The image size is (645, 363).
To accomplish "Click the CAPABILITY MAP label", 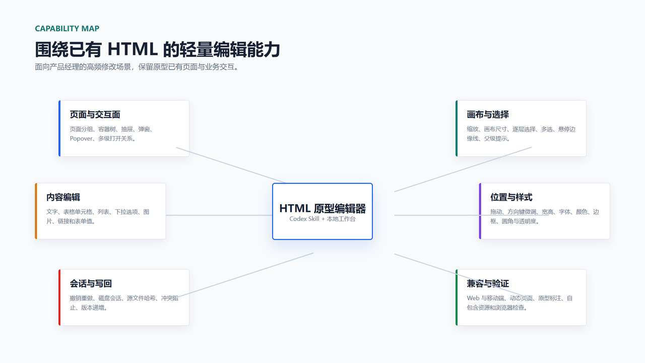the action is tap(67, 29).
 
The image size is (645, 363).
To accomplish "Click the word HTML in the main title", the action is tap(133, 49).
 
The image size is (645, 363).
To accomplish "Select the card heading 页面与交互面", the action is tap(95, 114).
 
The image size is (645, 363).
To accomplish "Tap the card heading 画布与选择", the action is tap(488, 114).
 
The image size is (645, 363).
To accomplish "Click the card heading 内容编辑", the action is tap(63, 197).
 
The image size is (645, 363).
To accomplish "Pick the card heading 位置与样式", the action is tap(511, 197).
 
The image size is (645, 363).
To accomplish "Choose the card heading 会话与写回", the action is tap(91, 284).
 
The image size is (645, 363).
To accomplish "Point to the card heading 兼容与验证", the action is tap(488, 284).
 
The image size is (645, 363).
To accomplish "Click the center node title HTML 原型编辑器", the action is tap(322, 209).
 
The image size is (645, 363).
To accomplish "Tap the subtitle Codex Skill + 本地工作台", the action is tap(322, 219).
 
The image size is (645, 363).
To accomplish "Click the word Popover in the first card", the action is tap(82, 139).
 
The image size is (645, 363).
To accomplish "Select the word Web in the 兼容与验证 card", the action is tap(473, 298).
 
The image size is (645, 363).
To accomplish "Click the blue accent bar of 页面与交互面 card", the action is tap(59, 129).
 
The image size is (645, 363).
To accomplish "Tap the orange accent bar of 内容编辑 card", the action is tap(36, 211).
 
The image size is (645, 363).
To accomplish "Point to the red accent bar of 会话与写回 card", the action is tap(59, 297).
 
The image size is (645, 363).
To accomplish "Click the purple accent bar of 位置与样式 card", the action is tap(480, 211).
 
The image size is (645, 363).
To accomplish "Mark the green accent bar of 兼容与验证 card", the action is tap(457, 297).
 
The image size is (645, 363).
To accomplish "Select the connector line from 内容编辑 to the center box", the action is tap(219, 215).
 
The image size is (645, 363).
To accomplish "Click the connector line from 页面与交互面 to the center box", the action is tap(231, 165).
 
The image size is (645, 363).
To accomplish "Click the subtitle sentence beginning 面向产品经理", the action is tap(137, 67).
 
